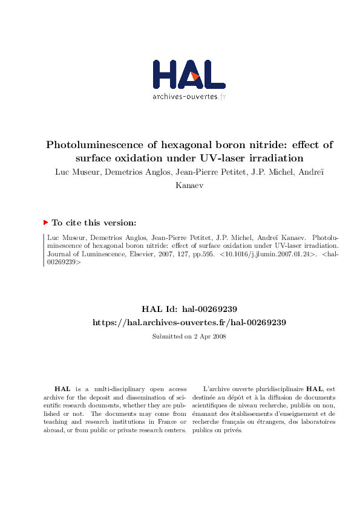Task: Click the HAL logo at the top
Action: coord(189,76)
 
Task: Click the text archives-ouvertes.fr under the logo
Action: coord(188,97)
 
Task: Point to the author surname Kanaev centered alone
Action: coord(189,184)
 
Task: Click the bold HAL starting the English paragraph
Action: coord(62,389)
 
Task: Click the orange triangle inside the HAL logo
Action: coord(195,77)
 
